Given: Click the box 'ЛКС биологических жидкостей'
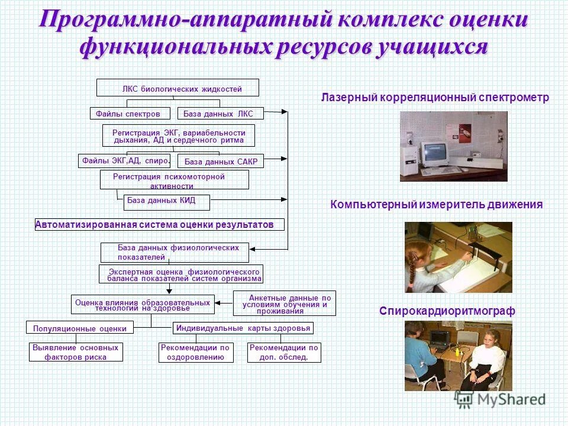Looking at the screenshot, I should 177,88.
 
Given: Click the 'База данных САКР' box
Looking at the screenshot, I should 220,161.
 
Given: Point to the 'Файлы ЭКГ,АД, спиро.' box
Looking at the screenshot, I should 124,160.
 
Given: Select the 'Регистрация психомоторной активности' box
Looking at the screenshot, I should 174,180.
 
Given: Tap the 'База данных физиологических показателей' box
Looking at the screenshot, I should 175,253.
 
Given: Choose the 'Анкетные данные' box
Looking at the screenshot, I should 285,303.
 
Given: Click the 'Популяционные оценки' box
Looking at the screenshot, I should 80,328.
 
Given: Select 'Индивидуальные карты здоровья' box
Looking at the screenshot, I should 243,328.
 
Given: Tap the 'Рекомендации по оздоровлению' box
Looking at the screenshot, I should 195,353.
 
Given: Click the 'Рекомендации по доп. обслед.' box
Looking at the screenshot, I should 284,353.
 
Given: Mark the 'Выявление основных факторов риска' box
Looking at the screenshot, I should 76,353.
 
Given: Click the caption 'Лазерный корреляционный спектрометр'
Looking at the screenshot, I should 435,98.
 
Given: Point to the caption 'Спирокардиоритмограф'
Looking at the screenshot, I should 447,311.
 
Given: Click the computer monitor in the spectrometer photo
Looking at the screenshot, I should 433,153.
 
